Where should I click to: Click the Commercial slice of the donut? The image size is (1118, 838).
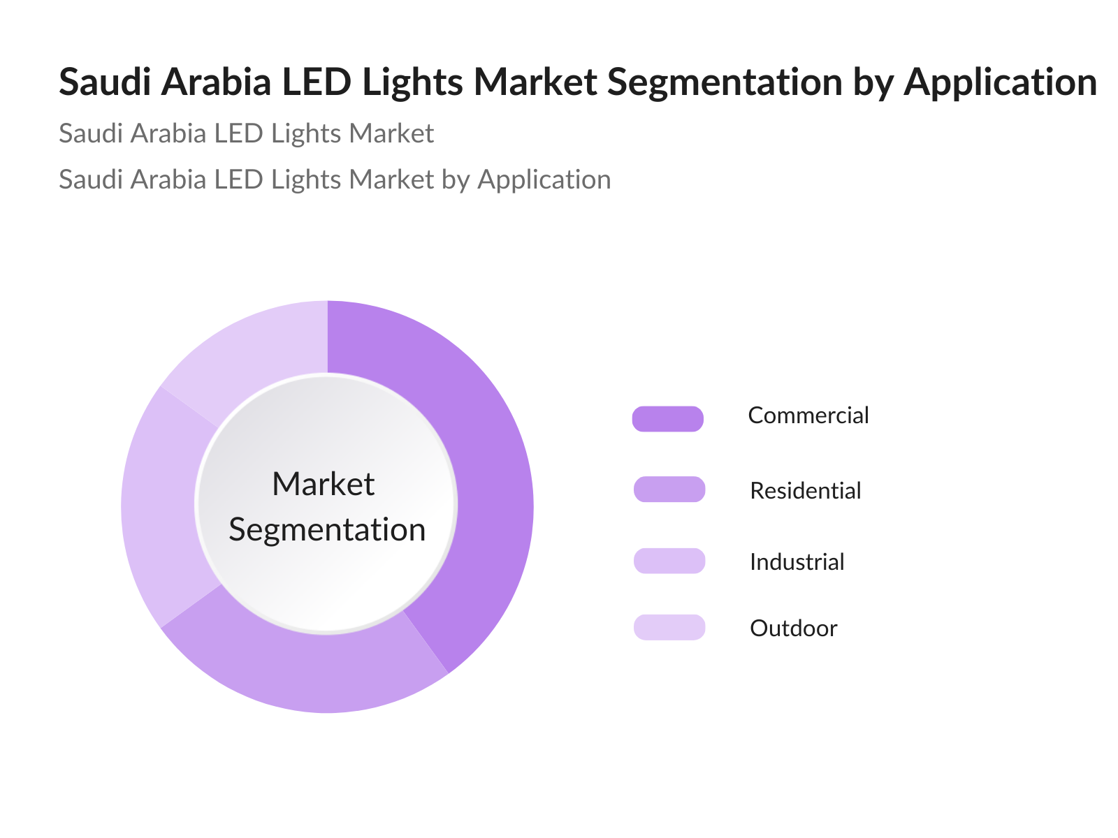[x=489, y=489]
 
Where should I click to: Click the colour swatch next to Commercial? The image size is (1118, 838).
[x=667, y=418]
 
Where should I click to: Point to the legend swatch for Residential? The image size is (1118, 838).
[x=669, y=489]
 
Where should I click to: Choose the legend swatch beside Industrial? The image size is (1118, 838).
[x=669, y=561]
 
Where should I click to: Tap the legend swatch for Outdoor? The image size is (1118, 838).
[x=669, y=627]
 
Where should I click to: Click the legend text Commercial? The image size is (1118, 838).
[x=808, y=416]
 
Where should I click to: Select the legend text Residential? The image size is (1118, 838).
[x=805, y=491]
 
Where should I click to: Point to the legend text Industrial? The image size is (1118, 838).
[x=797, y=562]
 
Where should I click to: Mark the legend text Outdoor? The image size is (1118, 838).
[x=793, y=628]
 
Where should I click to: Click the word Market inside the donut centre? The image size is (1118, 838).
[x=324, y=484]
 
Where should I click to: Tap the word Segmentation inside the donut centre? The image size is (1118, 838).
[x=327, y=529]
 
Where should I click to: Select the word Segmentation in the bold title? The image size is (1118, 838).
[x=725, y=82]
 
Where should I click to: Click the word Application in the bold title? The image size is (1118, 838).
[x=1000, y=82]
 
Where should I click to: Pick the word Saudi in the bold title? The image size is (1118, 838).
[x=106, y=82]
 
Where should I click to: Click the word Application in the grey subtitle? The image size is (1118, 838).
[x=544, y=180]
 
